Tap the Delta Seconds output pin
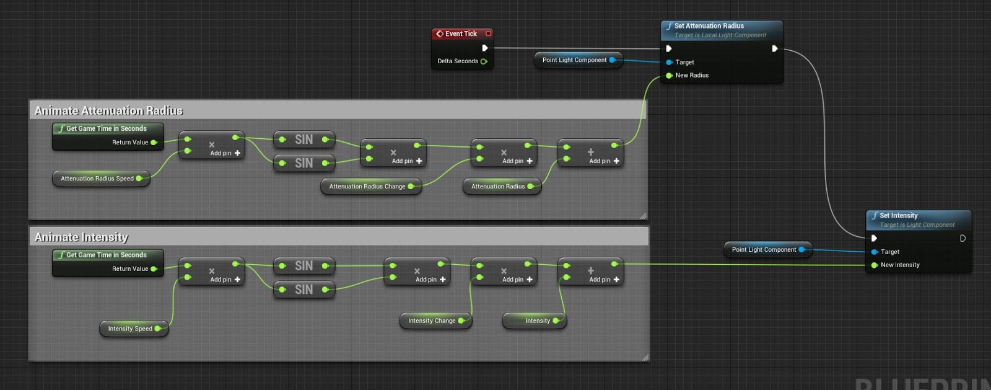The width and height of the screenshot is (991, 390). coord(484,61)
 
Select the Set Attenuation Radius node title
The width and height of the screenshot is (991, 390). coord(709,26)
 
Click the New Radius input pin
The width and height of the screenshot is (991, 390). coord(669,76)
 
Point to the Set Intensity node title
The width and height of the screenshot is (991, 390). coord(898,216)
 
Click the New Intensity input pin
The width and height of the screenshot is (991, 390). coord(875,265)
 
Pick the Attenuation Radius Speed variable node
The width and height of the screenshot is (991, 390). coord(97,179)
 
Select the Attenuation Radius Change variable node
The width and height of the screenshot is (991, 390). coord(367,187)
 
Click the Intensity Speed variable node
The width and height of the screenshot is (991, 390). coord(130,329)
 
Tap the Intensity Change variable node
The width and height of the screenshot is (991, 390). coord(432,321)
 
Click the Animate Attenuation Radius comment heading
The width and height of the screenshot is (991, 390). coord(109,111)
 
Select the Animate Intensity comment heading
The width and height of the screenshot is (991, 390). coord(81,237)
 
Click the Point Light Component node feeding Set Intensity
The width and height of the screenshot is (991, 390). coord(764,250)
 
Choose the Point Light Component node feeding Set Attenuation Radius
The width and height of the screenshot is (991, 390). coord(574,60)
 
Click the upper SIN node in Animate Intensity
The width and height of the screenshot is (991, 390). coord(303,266)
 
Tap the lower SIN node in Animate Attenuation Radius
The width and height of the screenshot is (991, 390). coord(303,163)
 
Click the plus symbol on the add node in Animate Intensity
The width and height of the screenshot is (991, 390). coord(591,270)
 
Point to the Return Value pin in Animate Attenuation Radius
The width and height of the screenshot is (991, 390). coord(154,143)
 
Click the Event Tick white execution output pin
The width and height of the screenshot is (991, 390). coord(485,48)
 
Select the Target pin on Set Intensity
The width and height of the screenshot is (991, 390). coord(875,252)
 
